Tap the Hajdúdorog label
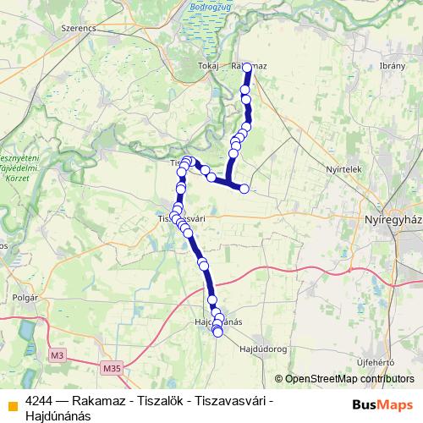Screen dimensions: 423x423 click(265, 349)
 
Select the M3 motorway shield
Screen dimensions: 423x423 click(58, 354)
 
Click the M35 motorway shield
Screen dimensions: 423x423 click(112, 369)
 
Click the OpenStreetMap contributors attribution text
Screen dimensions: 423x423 click(347, 378)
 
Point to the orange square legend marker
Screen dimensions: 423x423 click(11, 404)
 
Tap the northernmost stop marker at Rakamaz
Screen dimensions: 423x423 click(248, 65)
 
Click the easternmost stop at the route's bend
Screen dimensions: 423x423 click(244, 189)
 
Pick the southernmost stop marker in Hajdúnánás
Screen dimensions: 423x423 click(217, 332)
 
